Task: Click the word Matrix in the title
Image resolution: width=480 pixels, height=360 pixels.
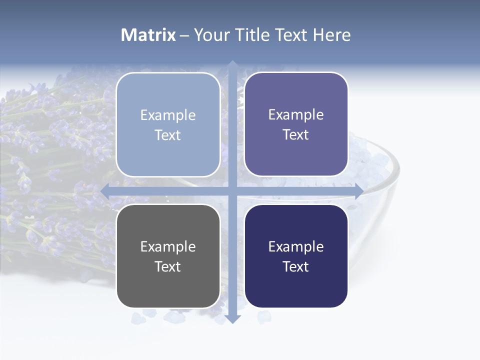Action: pyautogui.click(x=148, y=35)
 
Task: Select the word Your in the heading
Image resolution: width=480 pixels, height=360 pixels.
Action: pyautogui.click(x=212, y=35)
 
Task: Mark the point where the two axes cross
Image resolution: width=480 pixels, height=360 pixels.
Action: pyautogui.click(x=232, y=191)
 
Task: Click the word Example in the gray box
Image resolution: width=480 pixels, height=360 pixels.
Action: pyautogui.click(x=168, y=246)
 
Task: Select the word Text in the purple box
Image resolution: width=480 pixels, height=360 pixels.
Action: pyautogui.click(x=296, y=135)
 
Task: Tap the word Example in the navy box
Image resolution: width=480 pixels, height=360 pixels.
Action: pyautogui.click(x=296, y=246)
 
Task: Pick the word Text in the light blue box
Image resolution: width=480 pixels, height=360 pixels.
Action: pyautogui.click(x=168, y=135)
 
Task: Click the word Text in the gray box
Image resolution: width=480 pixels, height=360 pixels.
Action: pyautogui.click(x=168, y=267)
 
